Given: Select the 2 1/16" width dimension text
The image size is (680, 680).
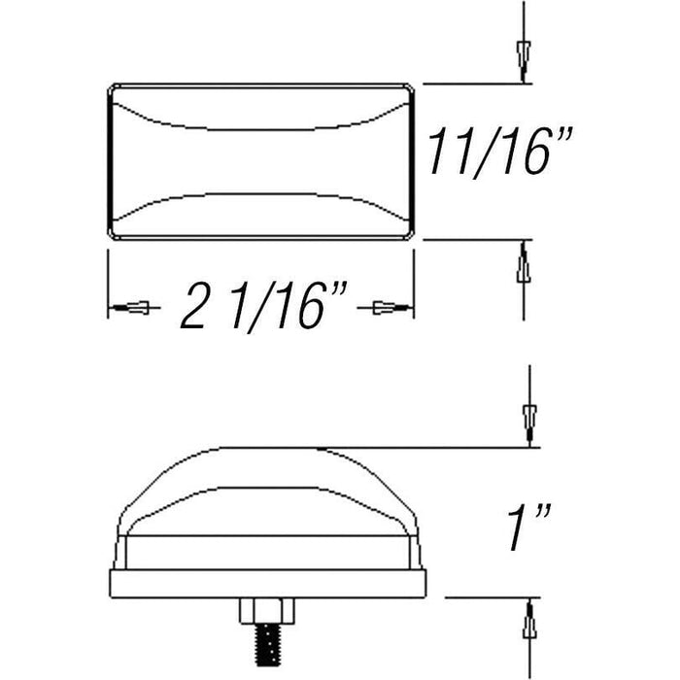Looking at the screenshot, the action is click(x=264, y=306).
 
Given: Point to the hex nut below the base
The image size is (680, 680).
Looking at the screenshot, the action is click(x=267, y=611).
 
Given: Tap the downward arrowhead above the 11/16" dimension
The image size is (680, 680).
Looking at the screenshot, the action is click(x=524, y=60).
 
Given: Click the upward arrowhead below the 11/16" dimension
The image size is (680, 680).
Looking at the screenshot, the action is click(x=524, y=261).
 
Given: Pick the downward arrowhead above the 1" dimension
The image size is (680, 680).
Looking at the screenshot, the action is click(x=530, y=425).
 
